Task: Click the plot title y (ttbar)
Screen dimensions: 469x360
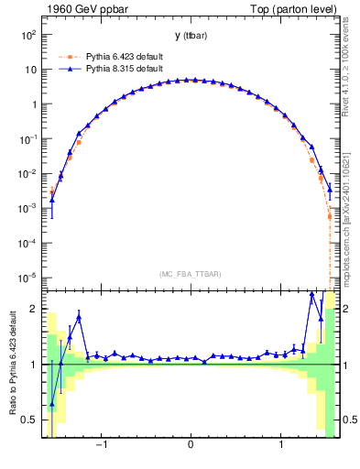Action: click(190, 35)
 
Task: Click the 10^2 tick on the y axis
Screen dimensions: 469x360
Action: click(27, 35)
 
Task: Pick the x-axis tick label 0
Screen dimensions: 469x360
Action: click(190, 448)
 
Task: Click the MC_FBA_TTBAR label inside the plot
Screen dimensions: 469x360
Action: click(190, 274)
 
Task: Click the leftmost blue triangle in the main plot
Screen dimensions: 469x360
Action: click(52, 200)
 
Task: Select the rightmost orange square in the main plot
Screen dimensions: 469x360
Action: click(329, 216)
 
